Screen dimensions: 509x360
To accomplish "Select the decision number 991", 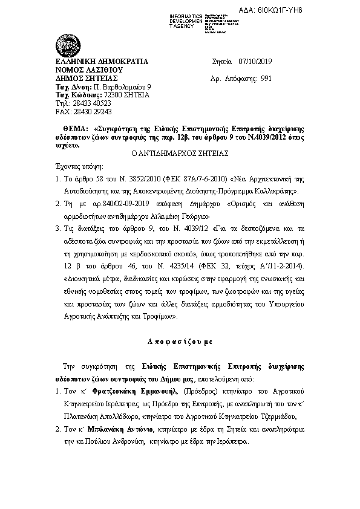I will [265, 79].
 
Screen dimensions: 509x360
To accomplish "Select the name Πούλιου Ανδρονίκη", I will [116, 442].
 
